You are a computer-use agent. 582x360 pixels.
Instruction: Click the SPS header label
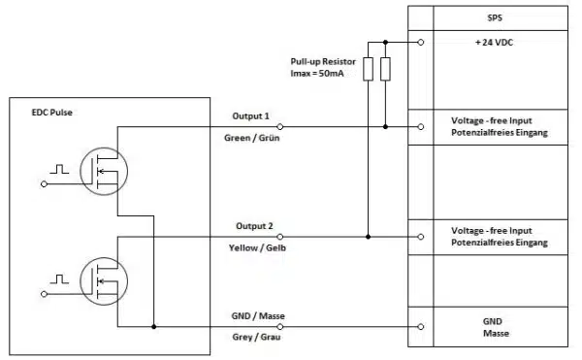pos(495,17)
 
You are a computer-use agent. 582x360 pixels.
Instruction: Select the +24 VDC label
pos(494,43)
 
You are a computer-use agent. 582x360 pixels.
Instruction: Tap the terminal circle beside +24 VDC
pos(421,43)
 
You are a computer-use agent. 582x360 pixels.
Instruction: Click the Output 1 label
pos(250,116)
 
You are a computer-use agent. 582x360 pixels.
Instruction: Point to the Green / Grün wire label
pos(251,138)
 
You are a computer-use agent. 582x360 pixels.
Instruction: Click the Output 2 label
pos(254,226)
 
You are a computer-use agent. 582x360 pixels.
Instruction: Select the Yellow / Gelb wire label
pos(257,247)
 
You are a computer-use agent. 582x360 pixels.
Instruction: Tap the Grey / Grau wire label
pos(256,337)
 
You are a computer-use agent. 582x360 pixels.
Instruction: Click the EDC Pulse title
pos(52,113)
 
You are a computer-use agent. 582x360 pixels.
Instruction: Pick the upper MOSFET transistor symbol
pos(104,171)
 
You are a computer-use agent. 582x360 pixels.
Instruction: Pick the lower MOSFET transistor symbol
pos(104,281)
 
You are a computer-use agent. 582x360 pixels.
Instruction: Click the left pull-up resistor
pos(368,69)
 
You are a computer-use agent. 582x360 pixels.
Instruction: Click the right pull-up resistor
pos(385,69)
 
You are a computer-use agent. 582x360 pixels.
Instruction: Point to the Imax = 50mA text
pos(317,74)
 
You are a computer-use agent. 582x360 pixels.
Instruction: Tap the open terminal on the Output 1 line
pos(280,127)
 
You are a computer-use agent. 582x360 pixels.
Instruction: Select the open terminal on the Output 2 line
pos(280,237)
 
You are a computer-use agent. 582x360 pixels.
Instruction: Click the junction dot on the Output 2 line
pos(368,237)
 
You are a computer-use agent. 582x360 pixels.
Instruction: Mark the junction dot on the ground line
pos(153,327)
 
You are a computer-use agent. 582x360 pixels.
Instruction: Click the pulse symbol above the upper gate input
pos(59,169)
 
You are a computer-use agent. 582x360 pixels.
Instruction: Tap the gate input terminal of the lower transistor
pos(45,294)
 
